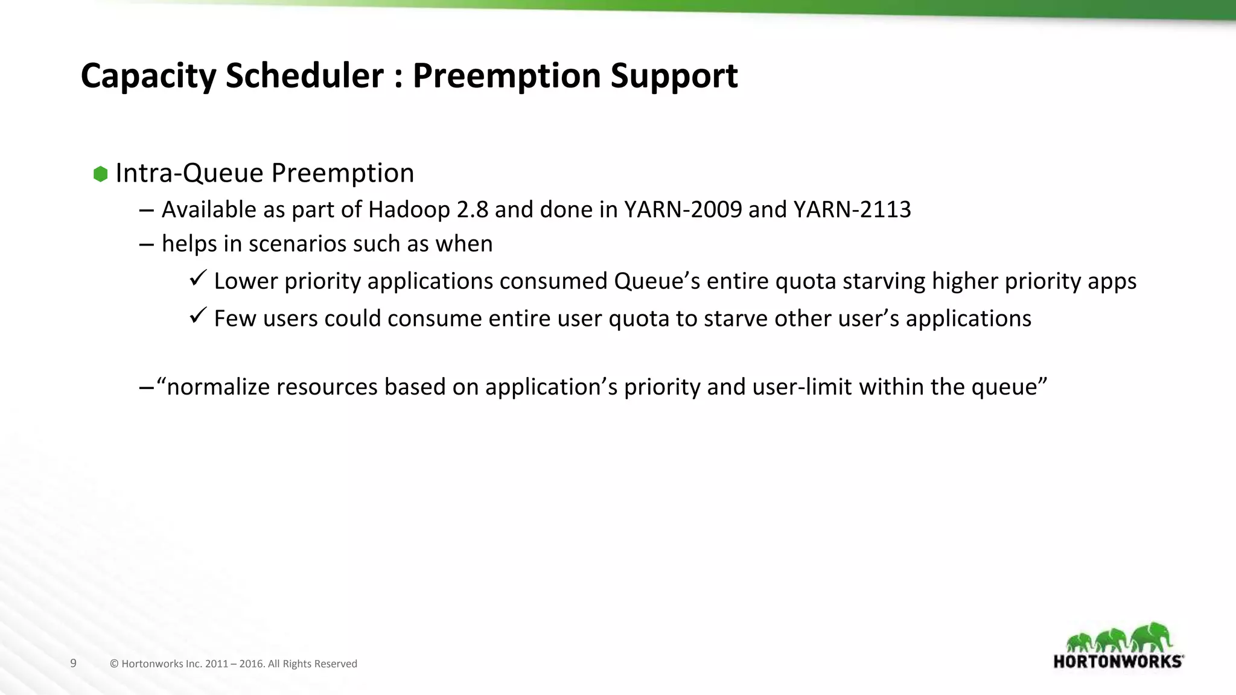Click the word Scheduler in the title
click(x=304, y=75)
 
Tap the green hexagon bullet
click(x=100, y=174)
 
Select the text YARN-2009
click(x=683, y=209)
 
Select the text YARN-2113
click(x=852, y=209)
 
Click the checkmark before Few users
click(x=198, y=316)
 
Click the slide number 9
click(x=74, y=663)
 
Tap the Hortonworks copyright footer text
click(x=234, y=664)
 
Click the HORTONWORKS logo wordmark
click(x=1118, y=661)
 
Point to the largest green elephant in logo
click(x=1152, y=638)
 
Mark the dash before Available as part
click(x=145, y=211)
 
